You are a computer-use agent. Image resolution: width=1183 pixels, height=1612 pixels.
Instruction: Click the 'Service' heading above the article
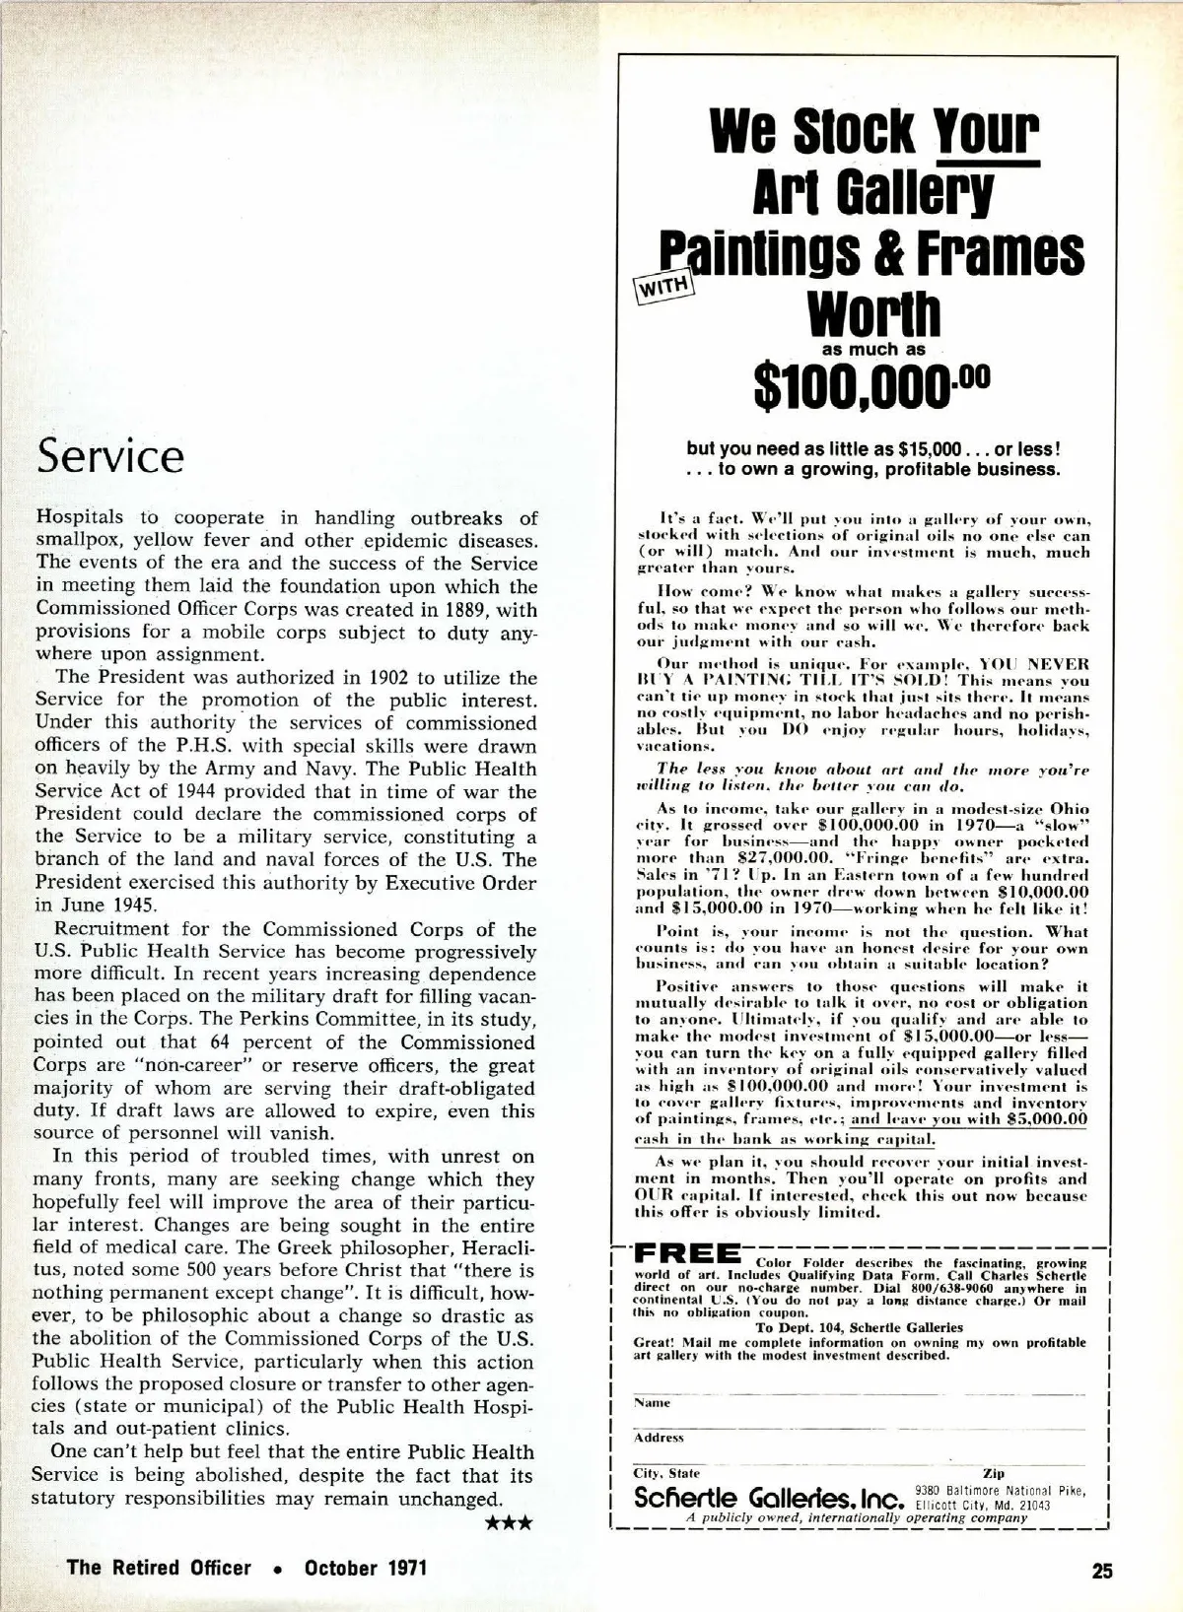[109, 456]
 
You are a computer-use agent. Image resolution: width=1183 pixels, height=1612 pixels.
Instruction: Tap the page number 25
[1102, 1571]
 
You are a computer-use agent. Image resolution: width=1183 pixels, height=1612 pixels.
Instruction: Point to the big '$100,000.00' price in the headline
[870, 388]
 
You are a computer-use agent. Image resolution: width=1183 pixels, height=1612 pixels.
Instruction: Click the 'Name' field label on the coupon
[652, 1402]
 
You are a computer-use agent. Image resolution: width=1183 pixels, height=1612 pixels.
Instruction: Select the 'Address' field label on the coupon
[659, 1438]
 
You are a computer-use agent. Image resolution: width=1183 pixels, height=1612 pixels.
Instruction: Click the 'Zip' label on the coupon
[994, 1473]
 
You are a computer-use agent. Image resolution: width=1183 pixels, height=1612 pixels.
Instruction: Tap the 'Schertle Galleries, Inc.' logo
[770, 1498]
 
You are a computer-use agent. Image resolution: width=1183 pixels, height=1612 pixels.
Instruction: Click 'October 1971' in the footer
[366, 1568]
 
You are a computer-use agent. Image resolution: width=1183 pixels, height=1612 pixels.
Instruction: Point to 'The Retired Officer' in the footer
[159, 1568]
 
